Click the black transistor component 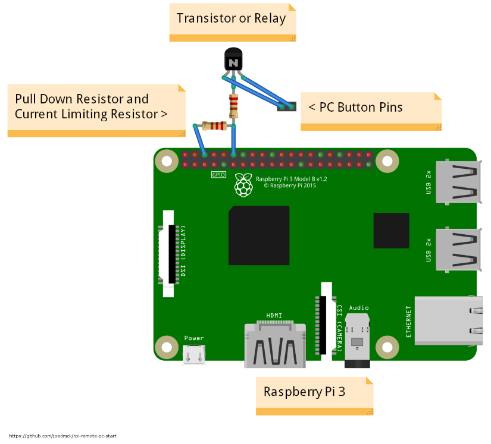[x=233, y=61]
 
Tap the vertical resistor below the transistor [x=234, y=106]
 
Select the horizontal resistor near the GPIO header [x=214, y=125]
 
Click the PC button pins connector [x=286, y=107]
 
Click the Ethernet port [x=449, y=320]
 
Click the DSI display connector [x=172, y=254]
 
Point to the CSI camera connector [x=326, y=319]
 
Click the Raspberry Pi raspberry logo [x=242, y=185]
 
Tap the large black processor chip [x=259, y=235]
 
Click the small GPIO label [x=218, y=175]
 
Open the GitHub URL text [x=62, y=436]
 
